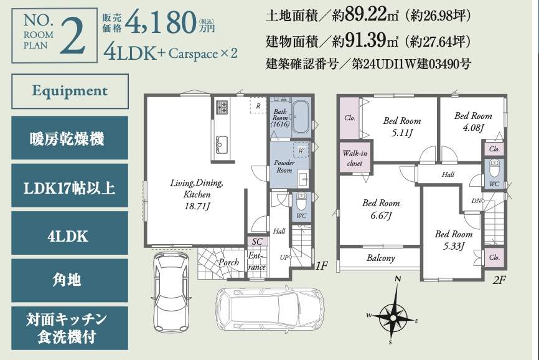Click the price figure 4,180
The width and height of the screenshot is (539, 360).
(x=161, y=22)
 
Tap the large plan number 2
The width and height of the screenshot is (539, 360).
(x=73, y=36)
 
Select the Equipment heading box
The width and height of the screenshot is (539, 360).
(x=70, y=91)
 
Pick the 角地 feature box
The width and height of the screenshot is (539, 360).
(x=70, y=280)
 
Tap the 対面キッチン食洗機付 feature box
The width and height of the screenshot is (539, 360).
(x=70, y=328)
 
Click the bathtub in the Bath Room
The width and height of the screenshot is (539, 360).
(x=301, y=117)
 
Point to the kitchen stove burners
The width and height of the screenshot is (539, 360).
(x=222, y=107)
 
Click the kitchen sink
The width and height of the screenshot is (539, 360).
(x=222, y=144)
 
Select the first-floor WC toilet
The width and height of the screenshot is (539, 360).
(x=301, y=202)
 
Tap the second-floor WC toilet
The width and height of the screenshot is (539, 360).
(x=494, y=169)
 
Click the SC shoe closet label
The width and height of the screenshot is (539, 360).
(x=257, y=242)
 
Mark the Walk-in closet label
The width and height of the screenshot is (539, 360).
(x=355, y=158)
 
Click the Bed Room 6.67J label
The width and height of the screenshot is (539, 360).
(x=381, y=209)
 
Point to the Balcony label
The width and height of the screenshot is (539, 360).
(x=380, y=258)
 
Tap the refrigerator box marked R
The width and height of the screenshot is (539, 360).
(x=258, y=106)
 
